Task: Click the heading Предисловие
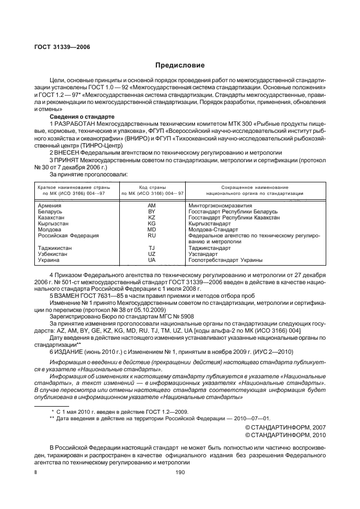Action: (x=180, y=65)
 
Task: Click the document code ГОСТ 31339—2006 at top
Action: (x=58, y=47)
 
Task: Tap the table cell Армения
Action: (x=50, y=205)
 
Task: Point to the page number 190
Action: (x=180, y=473)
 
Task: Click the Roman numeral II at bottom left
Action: (x=36, y=473)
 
